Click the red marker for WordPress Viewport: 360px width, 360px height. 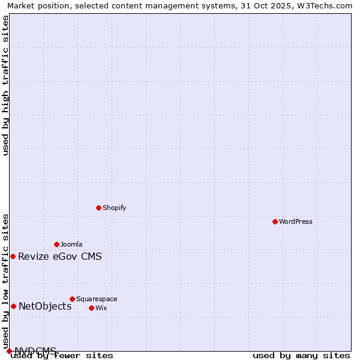(275, 221)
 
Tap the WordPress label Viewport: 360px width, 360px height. (296, 221)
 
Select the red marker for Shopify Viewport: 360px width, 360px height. (98, 208)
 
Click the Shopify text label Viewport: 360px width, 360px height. (114, 208)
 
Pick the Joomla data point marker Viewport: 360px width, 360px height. (56, 244)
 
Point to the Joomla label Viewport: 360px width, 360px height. (71, 244)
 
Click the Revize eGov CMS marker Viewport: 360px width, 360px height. (13, 256)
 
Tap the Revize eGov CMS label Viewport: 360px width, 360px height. (60, 257)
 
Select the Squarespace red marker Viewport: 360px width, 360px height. (72, 299)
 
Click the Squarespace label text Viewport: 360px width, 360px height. (97, 299)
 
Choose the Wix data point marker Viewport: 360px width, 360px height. (91, 308)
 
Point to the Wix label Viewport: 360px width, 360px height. (101, 308)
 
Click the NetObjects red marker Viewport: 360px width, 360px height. (13, 306)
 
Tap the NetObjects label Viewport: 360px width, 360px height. (45, 307)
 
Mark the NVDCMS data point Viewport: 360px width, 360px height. (9, 351)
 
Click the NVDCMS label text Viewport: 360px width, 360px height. (35, 351)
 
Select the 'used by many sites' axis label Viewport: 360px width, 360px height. (301, 356)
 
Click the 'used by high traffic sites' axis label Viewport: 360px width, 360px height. (6, 85)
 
